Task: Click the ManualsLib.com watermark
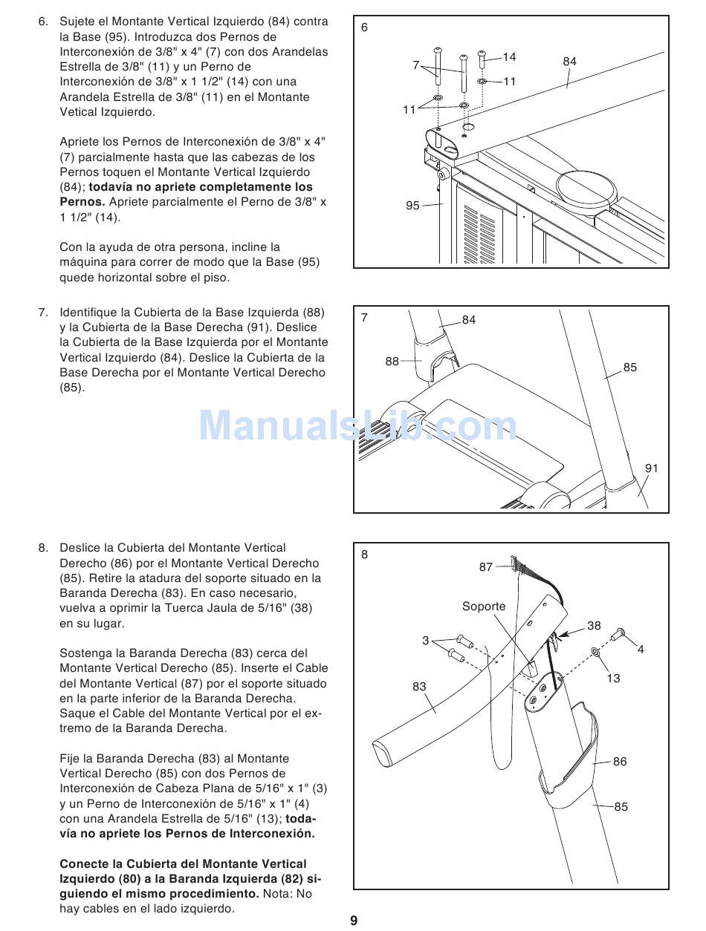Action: [357, 426]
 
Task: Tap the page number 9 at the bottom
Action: [354, 921]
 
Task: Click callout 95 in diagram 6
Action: [412, 206]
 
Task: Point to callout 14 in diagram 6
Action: [509, 57]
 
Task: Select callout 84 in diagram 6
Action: [569, 62]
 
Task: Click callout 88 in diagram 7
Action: [392, 362]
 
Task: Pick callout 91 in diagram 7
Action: [652, 468]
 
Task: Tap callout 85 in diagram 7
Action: [629, 367]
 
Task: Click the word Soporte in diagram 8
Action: [484, 607]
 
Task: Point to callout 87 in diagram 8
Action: [486, 567]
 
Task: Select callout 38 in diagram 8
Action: [594, 626]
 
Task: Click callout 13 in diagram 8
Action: [613, 678]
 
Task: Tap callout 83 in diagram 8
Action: [420, 687]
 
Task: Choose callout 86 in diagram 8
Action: [620, 762]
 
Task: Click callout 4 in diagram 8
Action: [641, 650]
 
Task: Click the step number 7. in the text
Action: [44, 313]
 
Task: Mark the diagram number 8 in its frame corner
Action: [364, 554]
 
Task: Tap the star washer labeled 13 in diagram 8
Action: [595, 652]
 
